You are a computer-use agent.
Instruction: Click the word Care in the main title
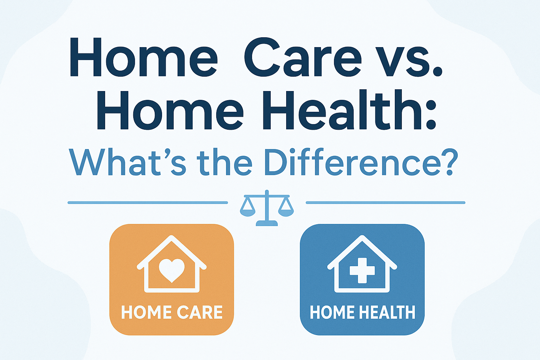coord(303,57)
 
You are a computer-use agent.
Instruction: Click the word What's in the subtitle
coord(127,162)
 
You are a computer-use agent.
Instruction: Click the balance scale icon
coord(266,208)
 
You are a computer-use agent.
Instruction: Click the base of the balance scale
coord(266,223)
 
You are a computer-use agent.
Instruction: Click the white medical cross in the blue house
coord(362,271)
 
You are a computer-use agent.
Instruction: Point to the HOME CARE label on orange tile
coord(172,312)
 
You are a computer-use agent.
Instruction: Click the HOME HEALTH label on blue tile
coord(362,312)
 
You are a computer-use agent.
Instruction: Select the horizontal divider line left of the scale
coord(148,203)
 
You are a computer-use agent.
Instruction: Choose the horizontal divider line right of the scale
coord(385,203)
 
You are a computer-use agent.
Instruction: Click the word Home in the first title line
coord(144,57)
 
